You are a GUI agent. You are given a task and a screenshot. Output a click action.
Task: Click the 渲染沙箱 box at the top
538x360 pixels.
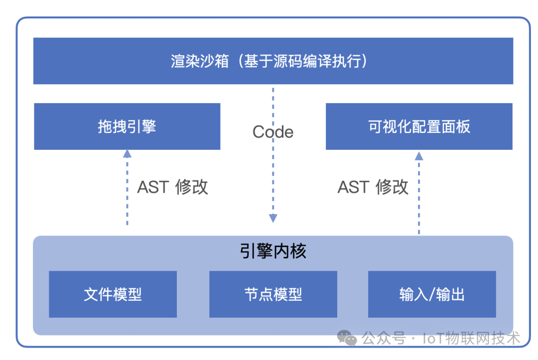click(273, 61)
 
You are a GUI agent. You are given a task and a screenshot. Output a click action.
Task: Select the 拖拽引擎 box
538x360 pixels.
click(127, 126)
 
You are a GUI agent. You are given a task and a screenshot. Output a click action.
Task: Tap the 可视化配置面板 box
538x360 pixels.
click(419, 126)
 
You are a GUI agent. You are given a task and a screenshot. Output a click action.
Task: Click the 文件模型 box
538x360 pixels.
click(113, 294)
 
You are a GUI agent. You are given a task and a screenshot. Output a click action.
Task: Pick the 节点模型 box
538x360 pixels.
click(273, 294)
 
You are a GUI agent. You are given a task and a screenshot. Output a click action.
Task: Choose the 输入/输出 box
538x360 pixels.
click(432, 294)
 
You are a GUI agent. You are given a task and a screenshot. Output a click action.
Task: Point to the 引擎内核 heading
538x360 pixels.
click(273, 251)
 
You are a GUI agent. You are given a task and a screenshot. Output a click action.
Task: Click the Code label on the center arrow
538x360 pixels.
click(273, 132)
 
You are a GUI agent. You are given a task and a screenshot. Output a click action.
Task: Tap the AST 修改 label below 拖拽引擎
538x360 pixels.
click(172, 187)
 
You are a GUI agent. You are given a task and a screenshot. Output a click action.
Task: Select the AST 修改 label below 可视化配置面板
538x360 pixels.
click(373, 187)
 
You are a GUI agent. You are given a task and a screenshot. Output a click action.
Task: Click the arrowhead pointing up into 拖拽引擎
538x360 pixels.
click(128, 153)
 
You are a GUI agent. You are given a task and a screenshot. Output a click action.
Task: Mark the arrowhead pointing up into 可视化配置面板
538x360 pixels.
click(419, 156)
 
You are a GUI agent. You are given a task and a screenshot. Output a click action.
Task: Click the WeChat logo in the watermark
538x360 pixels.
click(347, 338)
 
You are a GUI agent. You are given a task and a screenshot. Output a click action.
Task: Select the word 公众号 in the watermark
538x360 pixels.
click(384, 339)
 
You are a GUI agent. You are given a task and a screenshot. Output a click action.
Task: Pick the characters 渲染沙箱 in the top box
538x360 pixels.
click(200, 61)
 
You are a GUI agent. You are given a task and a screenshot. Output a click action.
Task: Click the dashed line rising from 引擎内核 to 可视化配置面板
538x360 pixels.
click(419, 197)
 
